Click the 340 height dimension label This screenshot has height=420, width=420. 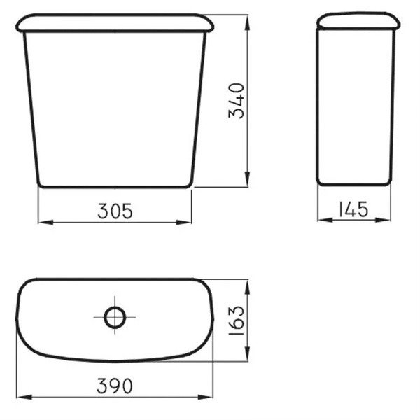coord(238,101)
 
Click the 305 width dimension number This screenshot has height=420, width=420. coord(113,211)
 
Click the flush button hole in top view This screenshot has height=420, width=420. coord(113,317)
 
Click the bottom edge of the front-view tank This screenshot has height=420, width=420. coord(115,187)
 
